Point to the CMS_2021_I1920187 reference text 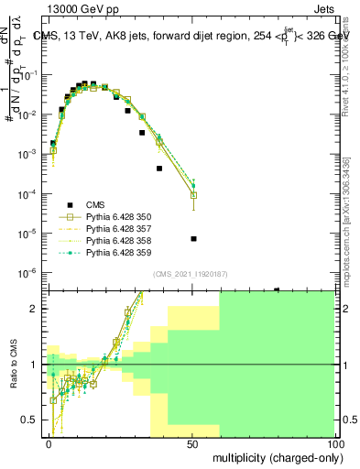(190, 274)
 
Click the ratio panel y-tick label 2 (34, 309)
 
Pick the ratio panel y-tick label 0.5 (31, 420)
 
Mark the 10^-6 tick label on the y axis (27, 273)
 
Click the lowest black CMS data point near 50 (193, 239)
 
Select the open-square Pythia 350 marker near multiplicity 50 (193, 195)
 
